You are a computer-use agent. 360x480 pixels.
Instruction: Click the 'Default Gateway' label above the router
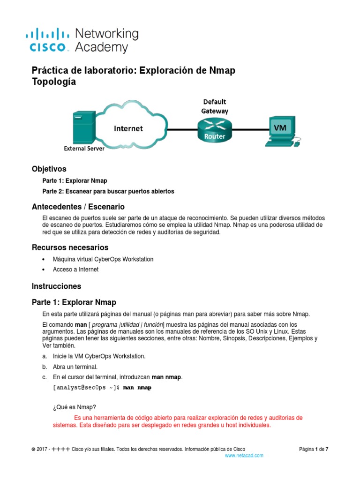[214, 106]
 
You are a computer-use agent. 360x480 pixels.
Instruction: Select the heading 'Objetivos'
[49, 169]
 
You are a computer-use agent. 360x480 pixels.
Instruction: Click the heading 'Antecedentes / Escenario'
[78, 207]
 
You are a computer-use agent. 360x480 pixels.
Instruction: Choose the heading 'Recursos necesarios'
[70, 247]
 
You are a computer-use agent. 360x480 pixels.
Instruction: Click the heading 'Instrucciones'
[56, 286]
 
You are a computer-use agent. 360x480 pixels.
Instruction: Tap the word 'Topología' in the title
[53, 82]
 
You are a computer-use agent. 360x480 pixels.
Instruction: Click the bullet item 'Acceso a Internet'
[76, 270]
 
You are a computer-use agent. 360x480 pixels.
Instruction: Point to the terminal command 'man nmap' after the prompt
[137, 388]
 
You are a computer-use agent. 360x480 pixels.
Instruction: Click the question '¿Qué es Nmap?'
[71, 407]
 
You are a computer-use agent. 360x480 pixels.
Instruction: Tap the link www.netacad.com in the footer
[244, 455]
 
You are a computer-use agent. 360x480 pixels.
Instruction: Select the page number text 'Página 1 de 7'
[314, 449]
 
